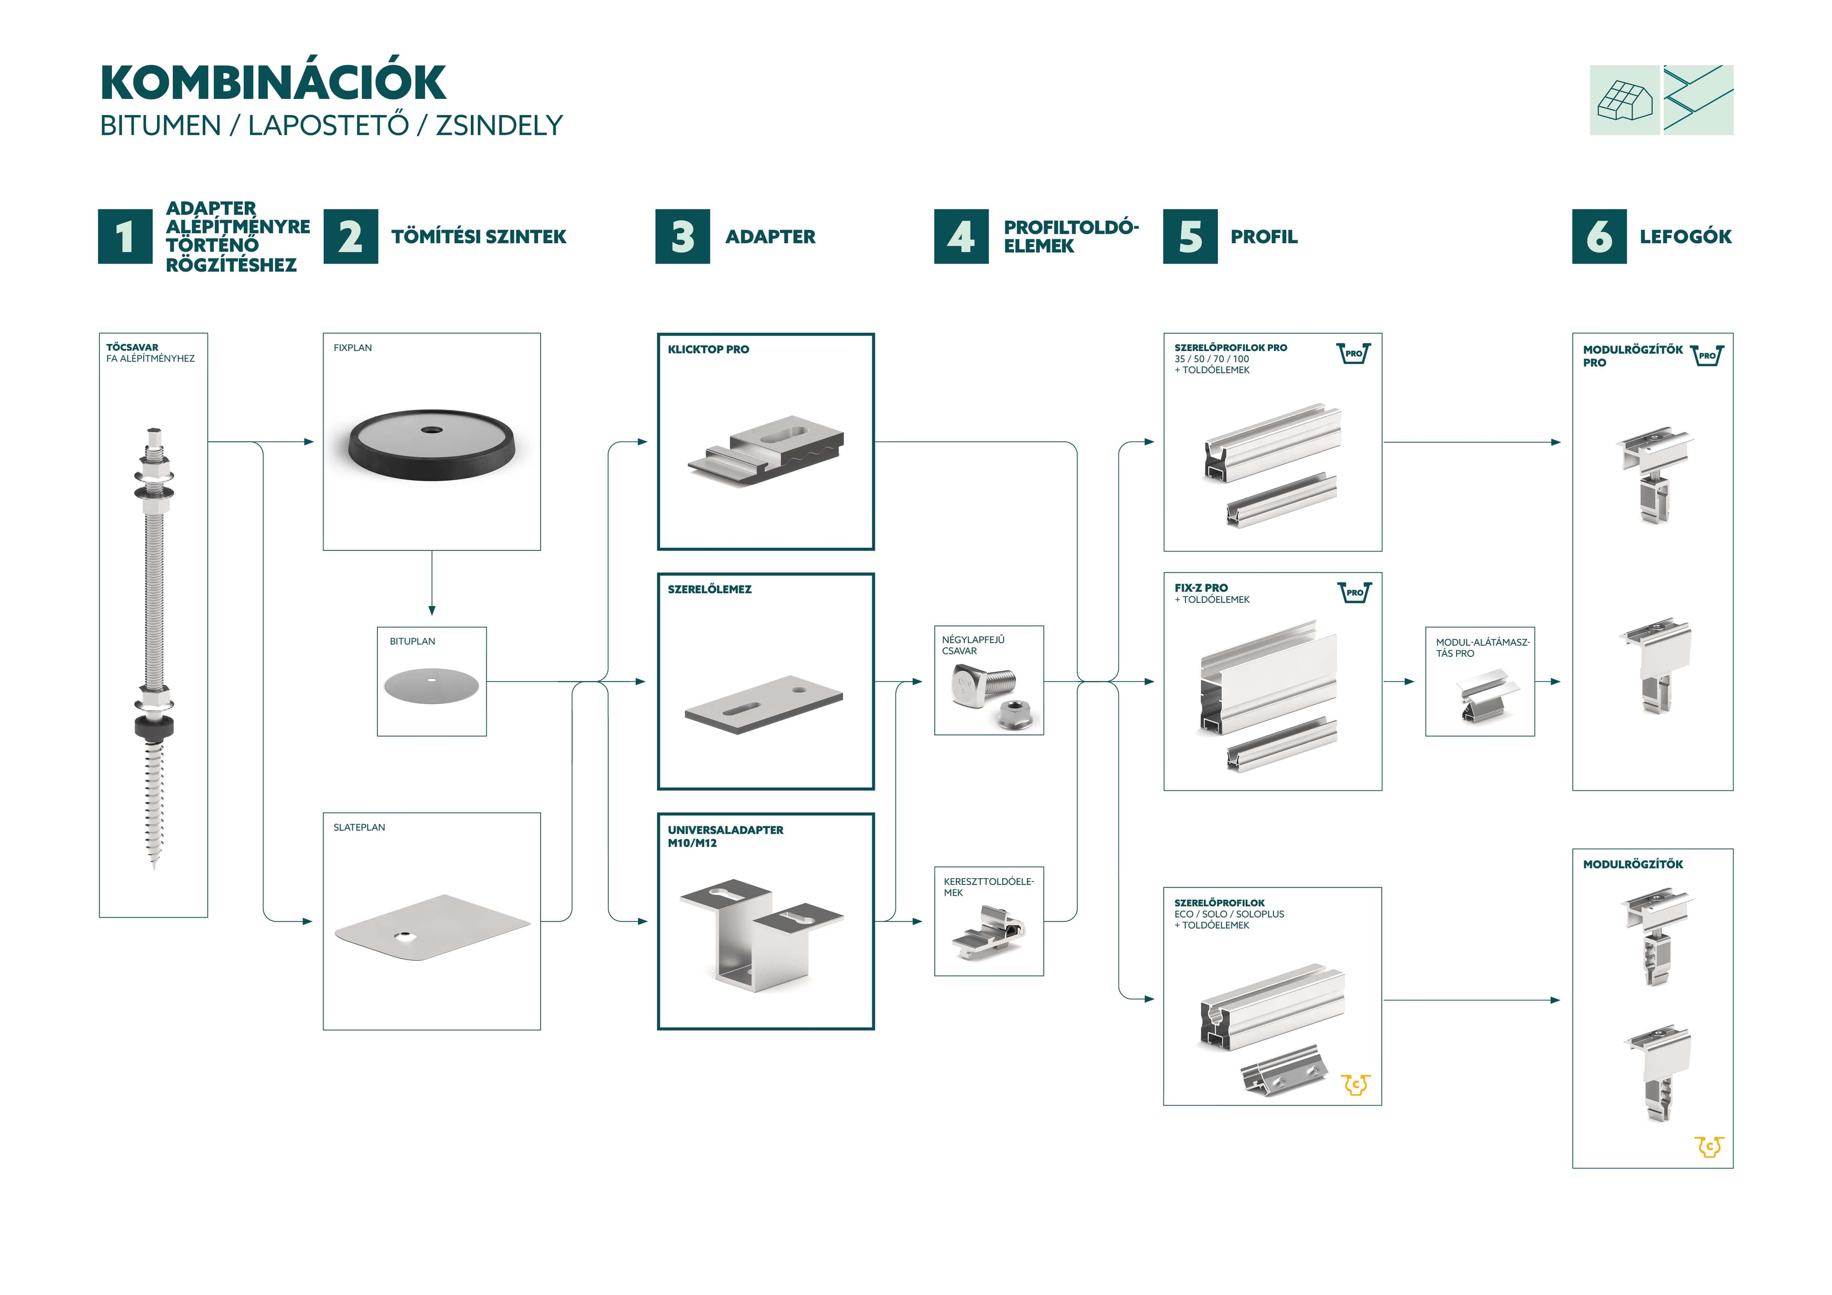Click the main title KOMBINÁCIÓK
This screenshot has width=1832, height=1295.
click(273, 82)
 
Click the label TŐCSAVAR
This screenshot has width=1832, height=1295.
click(133, 347)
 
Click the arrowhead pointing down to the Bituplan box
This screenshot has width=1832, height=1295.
click(432, 611)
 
